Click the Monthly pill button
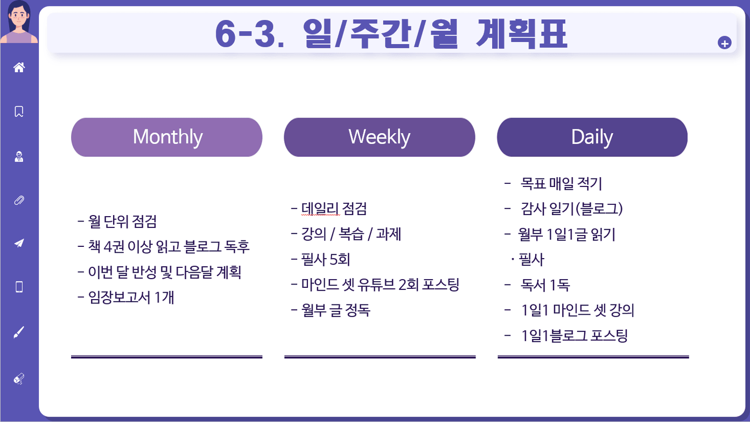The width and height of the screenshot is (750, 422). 166,137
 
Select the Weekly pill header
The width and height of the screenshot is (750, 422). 380,137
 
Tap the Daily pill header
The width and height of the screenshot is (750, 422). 592,137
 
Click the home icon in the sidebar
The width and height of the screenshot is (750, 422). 19,67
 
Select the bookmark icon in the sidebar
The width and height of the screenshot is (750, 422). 19,112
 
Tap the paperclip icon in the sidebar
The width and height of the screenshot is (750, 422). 19,200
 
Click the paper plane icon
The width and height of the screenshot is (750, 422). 19,243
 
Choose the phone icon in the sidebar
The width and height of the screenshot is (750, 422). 19,287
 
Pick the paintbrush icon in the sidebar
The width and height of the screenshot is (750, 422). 19,332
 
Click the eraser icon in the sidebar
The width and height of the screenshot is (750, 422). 19,379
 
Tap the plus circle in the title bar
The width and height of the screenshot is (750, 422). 724,43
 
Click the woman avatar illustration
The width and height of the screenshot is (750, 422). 19,22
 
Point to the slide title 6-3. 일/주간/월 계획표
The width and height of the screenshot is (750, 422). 391,34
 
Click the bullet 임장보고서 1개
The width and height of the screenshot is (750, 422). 126,298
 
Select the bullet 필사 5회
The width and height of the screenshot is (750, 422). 321,259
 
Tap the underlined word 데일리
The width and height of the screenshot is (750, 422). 320,209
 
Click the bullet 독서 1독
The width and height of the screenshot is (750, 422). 537,285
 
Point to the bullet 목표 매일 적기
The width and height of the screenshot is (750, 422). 553,183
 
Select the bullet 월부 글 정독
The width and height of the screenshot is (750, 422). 331,310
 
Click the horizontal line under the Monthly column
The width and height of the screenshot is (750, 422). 166,357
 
